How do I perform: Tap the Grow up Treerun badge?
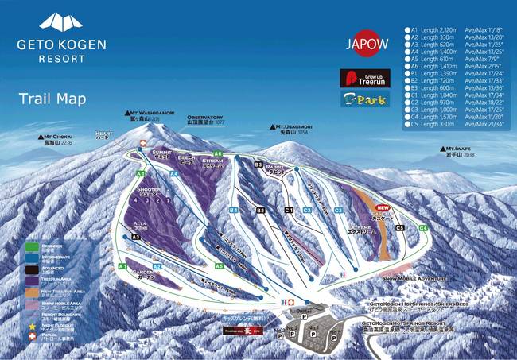click(x=364, y=79)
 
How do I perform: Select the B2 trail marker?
click(x=260, y=210)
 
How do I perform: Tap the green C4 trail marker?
click(x=423, y=228)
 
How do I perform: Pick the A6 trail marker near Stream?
click(x=217, y=153)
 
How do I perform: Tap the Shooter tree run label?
click(x=149, y=191)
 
